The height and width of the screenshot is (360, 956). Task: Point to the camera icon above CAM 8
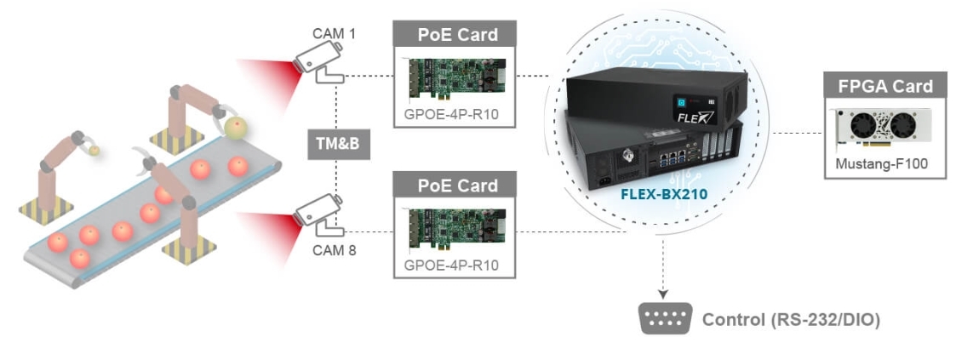(x=317, y=213)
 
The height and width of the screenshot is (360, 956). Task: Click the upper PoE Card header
(x=456, y=35)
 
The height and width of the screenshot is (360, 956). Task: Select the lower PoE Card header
(x=456, y=185)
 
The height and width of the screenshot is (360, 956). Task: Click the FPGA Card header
(x=885, y=86)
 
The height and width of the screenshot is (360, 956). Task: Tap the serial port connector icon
(x=664, y=319)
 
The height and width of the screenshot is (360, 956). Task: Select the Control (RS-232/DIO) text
(x=790, y=320)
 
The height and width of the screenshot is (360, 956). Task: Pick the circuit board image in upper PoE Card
(x=457, y=80)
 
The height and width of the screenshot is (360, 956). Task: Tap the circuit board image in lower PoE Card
(x=457, y=230)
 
